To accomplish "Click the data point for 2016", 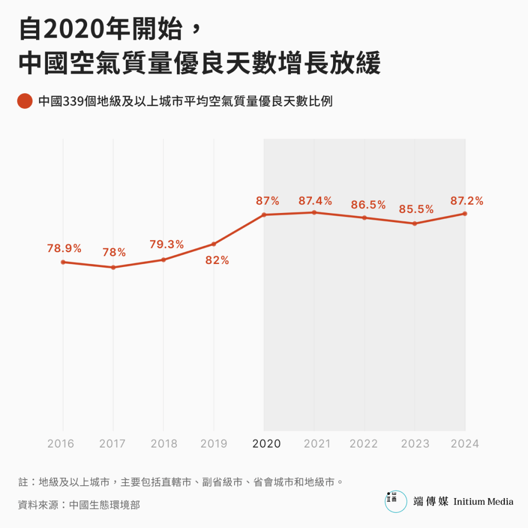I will (x=63, y=262).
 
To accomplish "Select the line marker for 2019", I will (x=213, y=244).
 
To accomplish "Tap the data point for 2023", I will (x=415, y=223).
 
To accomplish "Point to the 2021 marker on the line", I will (x=314, y=212).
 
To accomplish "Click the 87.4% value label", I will (x=315, y=201).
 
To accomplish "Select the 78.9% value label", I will (x=64, y=249).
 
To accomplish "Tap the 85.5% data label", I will (x=416, y=210).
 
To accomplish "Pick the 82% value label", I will (x=217, y=260).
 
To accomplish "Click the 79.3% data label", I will (x=167, y=245).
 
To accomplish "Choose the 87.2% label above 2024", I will (x=467, y=201).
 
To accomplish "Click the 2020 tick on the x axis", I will (x=267, y=443).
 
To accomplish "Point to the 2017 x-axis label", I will (x=113, y=443).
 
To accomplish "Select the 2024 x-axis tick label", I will (x=465, y=443).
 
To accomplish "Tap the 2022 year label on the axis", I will (x=364, y=443).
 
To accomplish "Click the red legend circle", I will (x=25, y=101).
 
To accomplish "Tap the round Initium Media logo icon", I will (x=395, y=501).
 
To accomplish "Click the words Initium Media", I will (x=483, y=501).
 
